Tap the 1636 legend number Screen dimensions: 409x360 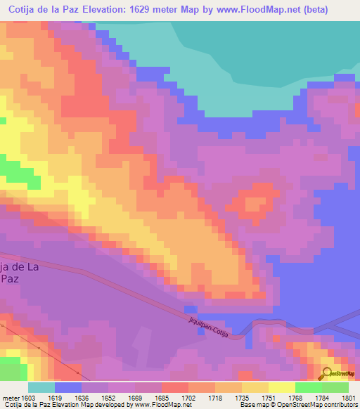95,397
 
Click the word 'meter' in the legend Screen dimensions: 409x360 11,397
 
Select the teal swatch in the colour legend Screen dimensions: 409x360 41,387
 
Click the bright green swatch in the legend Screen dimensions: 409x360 309,387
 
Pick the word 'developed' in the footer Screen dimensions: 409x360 114,405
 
